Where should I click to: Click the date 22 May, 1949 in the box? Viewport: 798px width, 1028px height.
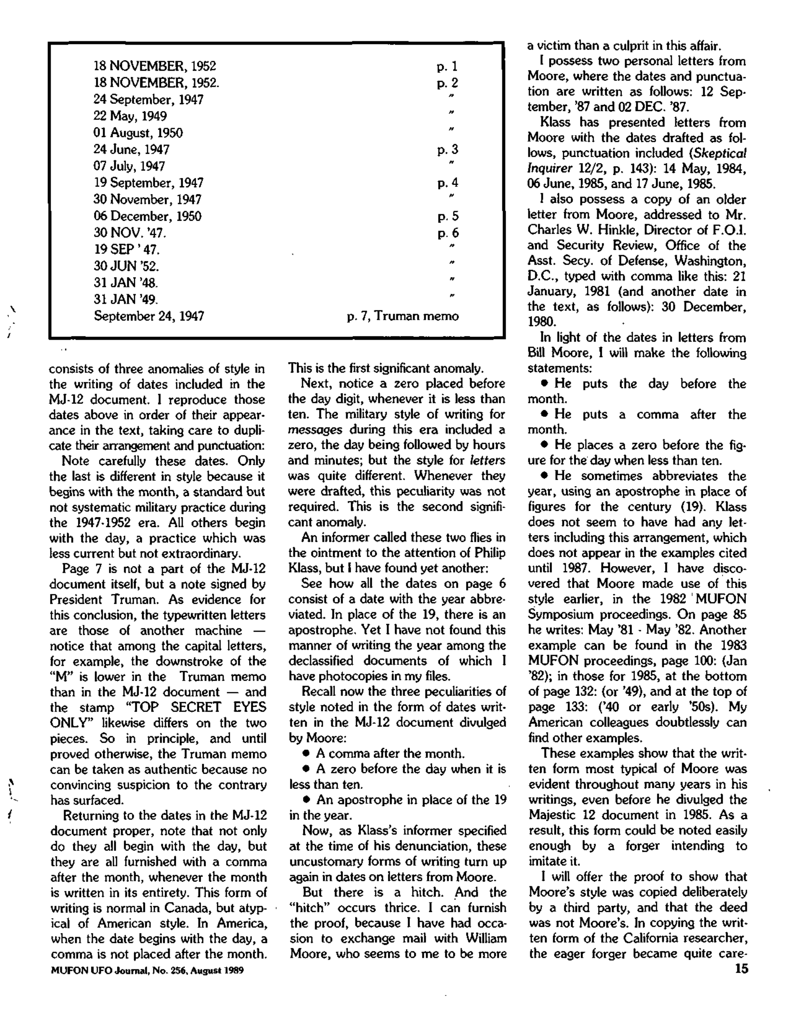click(x=130, y=116)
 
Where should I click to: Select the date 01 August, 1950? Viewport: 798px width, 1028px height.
click(x=138, y=133)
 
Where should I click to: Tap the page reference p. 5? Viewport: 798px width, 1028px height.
click(x=447, y=217)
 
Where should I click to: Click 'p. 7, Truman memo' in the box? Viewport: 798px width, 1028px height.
click(x=402, y=316)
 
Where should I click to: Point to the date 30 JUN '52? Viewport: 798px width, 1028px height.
click(x=126, y=266)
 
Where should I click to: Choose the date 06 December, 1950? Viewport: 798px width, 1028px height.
click(x=147, y=217)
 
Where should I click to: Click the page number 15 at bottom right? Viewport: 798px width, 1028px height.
click(x=740, y=969)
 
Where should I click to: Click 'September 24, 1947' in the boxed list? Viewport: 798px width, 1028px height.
click(x=149, y=316)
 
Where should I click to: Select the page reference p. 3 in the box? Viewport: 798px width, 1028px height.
click(x=447, y=150)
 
